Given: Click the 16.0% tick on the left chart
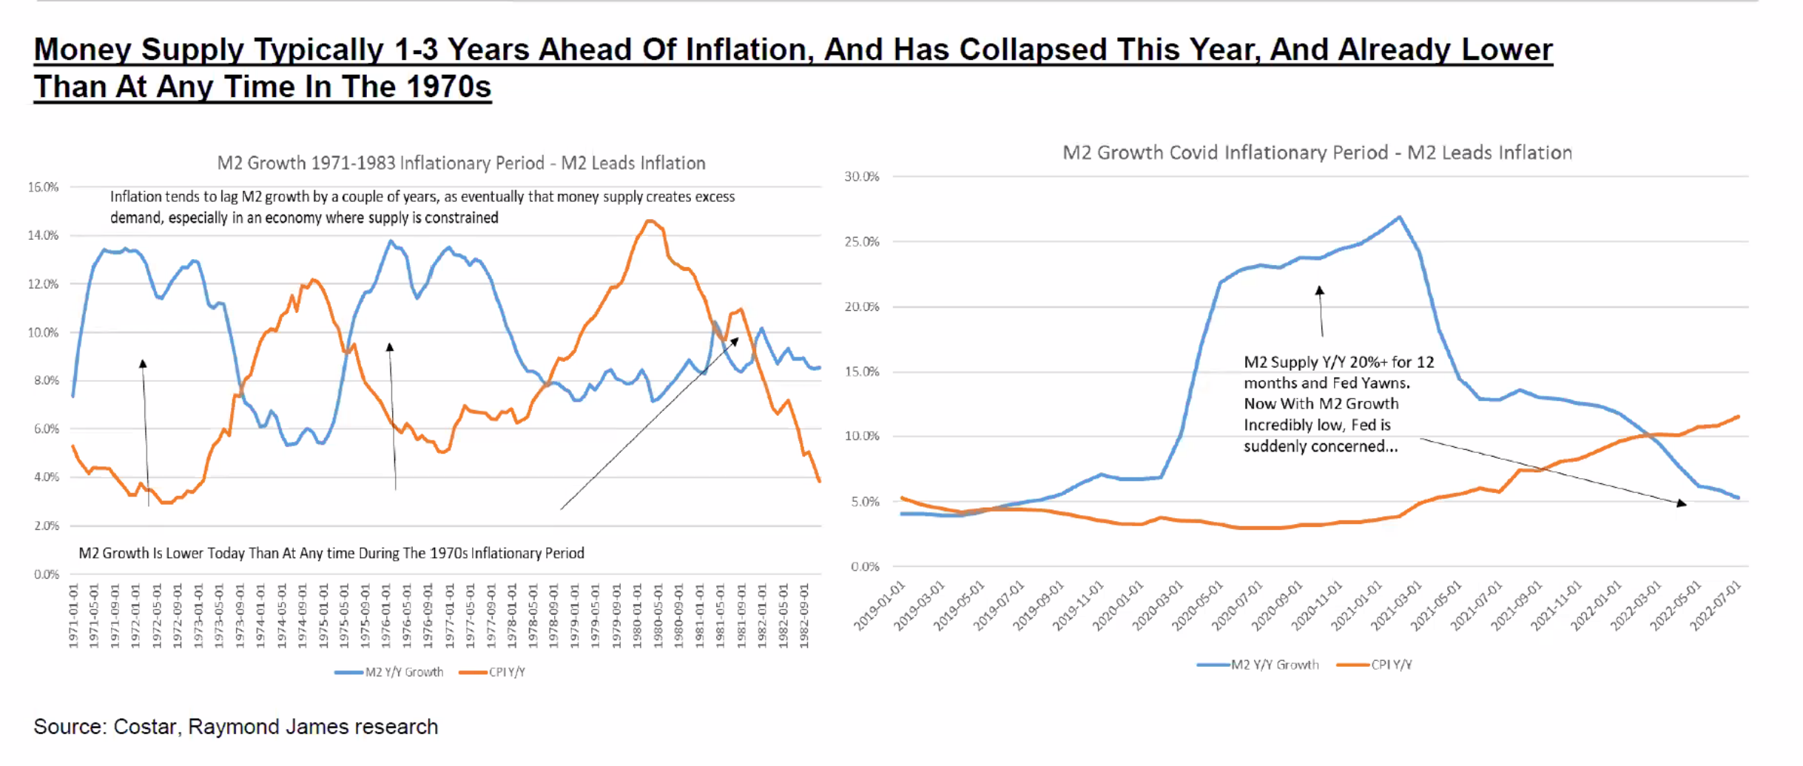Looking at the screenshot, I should click(x=43, y=187).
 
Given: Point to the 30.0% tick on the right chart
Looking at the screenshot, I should click(x=862, y=177).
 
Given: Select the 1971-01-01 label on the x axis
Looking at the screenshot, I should click(x=73, y=616).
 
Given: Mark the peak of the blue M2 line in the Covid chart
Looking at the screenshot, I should click(x=1399, y=217).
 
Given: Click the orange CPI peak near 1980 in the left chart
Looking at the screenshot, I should click(x=650, y=221).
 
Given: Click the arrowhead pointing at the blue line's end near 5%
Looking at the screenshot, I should click(x=1682, y=504).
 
